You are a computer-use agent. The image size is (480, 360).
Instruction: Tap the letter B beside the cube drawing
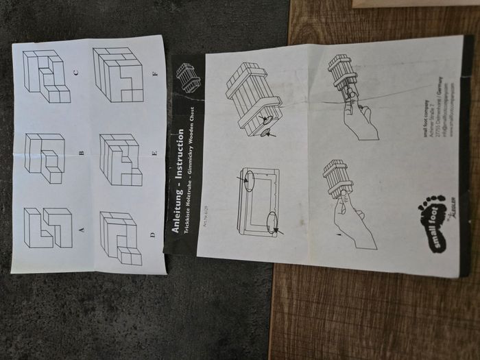tap(82, 154)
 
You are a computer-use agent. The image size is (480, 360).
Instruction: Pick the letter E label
tap(154, 154)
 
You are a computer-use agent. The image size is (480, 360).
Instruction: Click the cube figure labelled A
tap(48, 228)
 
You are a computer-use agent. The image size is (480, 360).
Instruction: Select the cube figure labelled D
tap(121, 238)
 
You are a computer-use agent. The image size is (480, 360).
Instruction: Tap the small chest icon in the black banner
tap(188, 77)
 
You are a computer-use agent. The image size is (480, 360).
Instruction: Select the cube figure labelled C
tap(46, 75)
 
